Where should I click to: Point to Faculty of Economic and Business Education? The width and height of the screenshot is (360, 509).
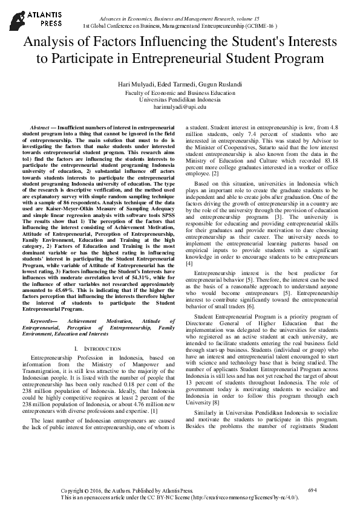pyautogui.click(x=180, y=93)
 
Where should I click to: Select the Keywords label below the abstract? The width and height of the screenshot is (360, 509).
pyautogui.click(x=46, y=321)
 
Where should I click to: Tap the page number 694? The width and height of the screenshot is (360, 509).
pyautogui.click(x=312, y=489)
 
